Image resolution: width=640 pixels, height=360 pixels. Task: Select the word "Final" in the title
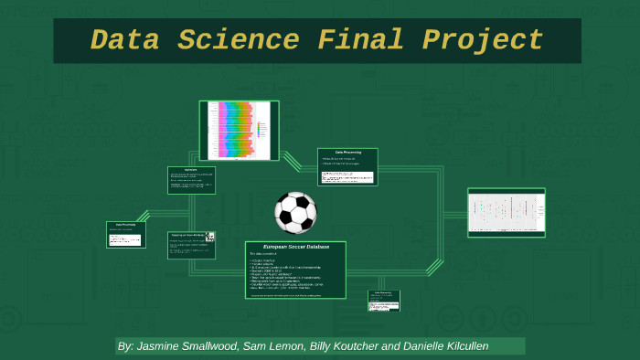tap(362, 41)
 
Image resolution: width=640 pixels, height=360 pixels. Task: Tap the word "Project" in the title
tap(482, 41)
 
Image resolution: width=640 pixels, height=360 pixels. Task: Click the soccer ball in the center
tap(295, 212)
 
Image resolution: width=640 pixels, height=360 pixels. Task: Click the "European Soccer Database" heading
tap(295, 248)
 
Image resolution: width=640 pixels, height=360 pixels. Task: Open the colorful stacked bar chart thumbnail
tap(237, 129)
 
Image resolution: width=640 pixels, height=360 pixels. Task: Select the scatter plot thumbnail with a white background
tap(506, 213)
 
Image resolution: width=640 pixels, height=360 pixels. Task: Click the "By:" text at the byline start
tap(125, 346)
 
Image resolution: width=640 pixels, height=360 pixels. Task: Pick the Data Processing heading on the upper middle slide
tap(347, 152)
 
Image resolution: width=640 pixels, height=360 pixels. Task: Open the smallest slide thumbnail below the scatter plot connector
tap(384, 300)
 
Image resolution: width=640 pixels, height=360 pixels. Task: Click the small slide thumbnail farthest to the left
tap(126, 234)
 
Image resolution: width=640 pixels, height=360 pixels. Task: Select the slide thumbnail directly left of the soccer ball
tap(191, 245)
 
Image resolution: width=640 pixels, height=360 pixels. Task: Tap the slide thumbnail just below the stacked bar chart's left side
tap(191, 180)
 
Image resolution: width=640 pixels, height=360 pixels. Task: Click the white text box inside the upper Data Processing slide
tap(347, 175)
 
